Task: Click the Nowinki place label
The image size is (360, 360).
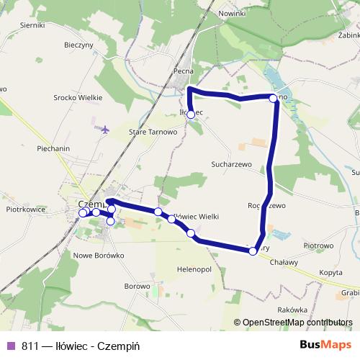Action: [233, 14]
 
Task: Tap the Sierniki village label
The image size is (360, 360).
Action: [33, 24]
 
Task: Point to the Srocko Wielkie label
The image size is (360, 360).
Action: [77, 97]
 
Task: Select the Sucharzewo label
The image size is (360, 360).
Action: [231, 164]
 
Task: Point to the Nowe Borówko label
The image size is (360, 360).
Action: [99, 255]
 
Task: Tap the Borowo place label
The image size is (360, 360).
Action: [137, 286]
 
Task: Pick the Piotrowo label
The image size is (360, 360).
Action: [318, 246]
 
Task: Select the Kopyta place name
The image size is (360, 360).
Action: [330, 273]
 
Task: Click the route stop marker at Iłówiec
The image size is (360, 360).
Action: [190, 114]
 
